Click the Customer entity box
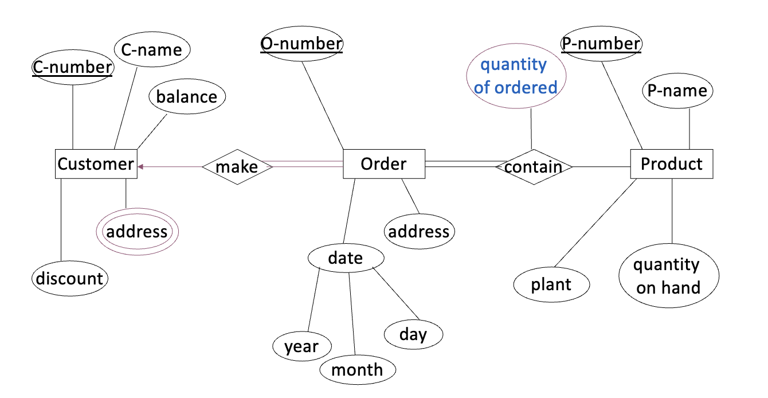[96, 164]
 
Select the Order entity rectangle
[383, 164]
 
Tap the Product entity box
[671, 164]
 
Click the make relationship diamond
[237, 167]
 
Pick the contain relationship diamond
[534, 167]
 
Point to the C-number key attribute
[72, 68]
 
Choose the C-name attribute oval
[152, 50]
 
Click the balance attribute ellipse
[187, 97]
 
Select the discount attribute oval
[69, 279]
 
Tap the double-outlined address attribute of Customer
[137, 232]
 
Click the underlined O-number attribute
[301, 44]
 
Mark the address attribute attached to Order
[419, 232]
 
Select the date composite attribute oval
[345, 258]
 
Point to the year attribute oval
[301, 346]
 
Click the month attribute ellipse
[357, 370]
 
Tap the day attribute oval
[413, 334]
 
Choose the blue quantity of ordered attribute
[516, 76]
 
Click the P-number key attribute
[601, 44]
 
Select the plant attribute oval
[551, 285]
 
